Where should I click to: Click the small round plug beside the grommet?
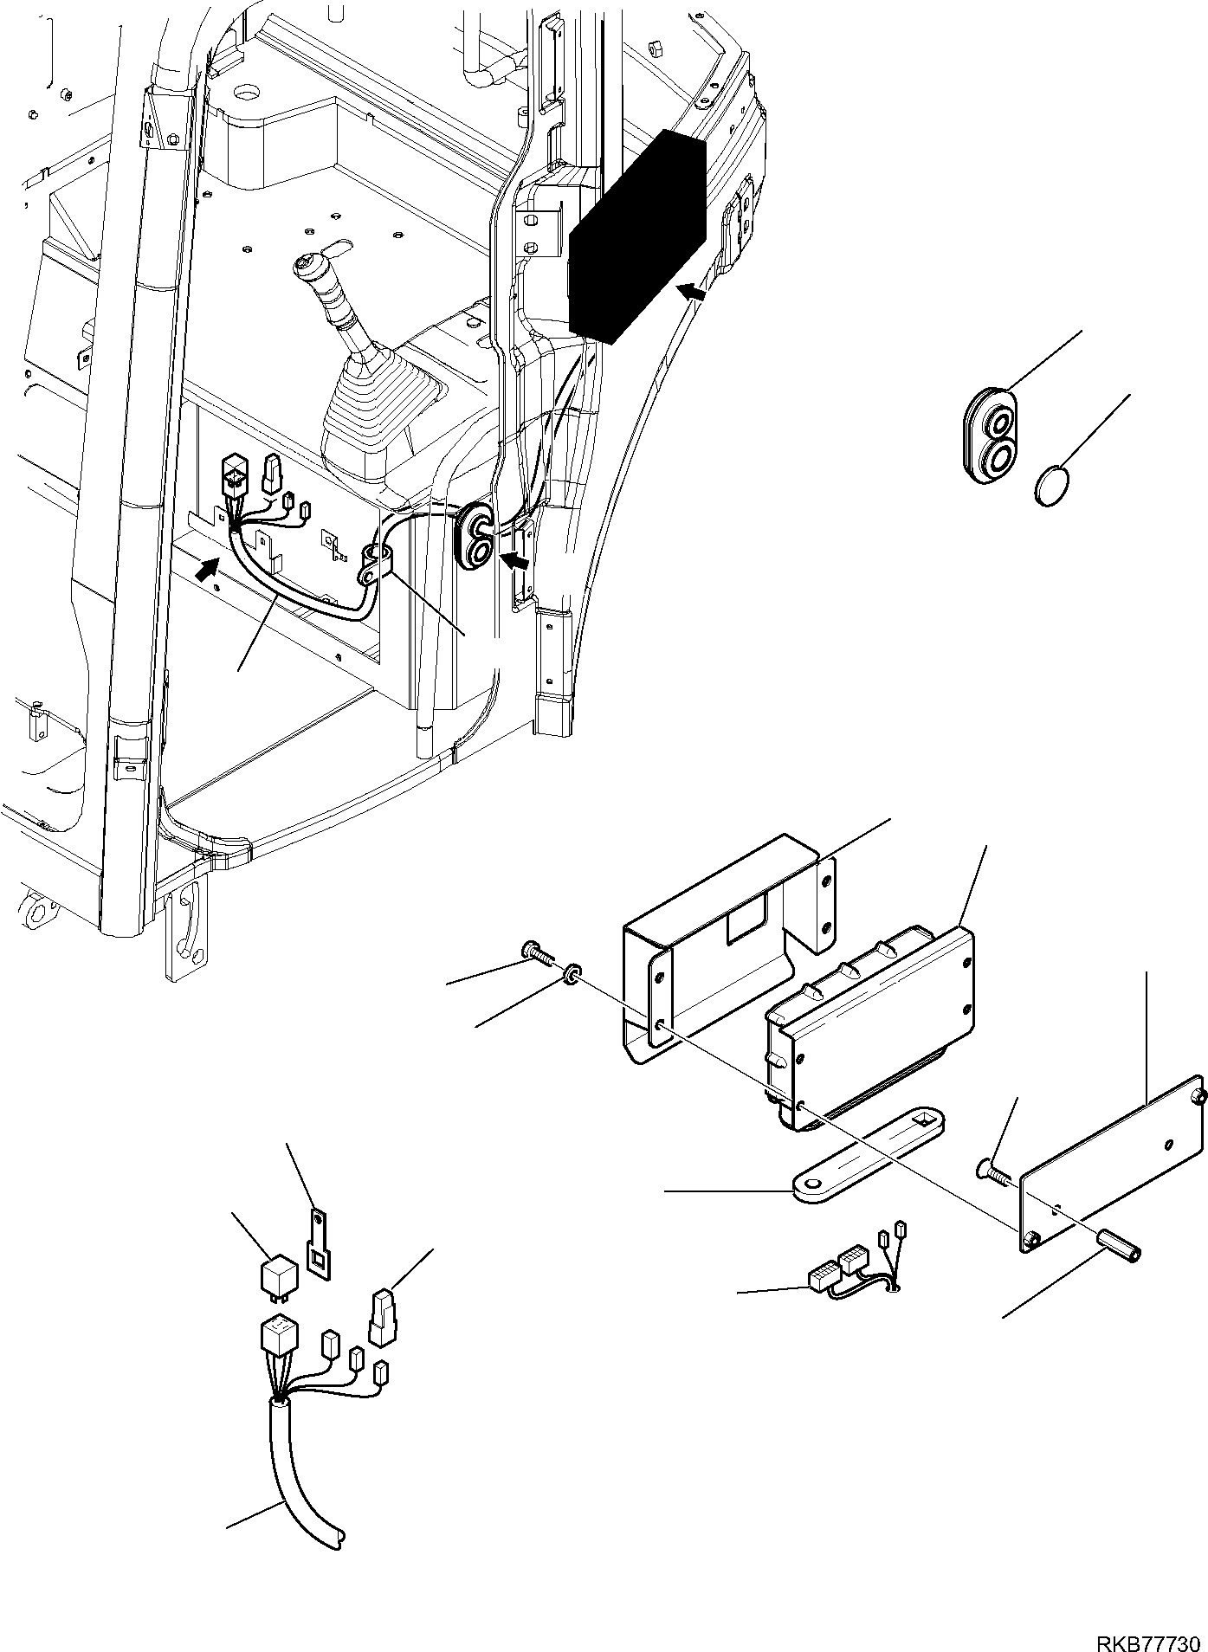[x=1052, y=483]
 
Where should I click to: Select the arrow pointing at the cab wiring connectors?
[x=206, y=569]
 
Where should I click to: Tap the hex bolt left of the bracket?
[x=538, y=956]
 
